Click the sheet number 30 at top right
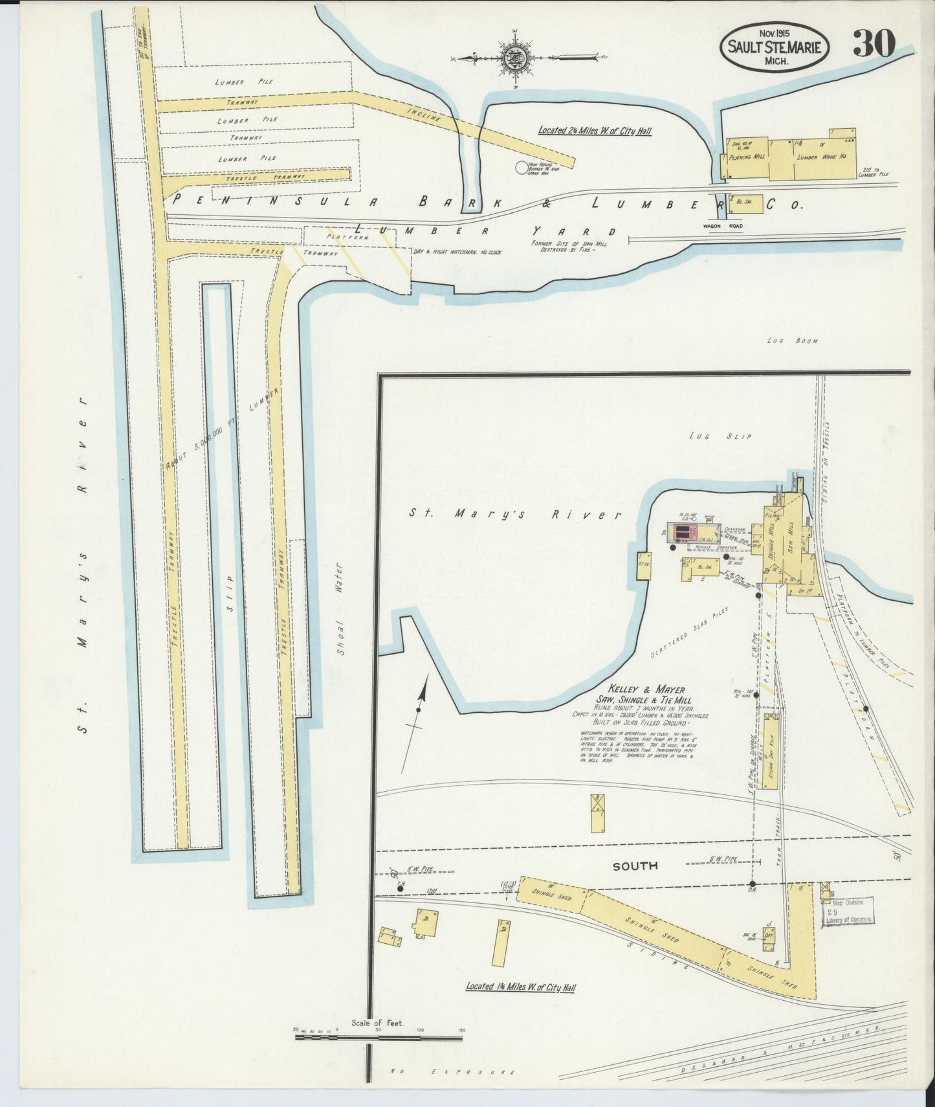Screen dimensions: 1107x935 point(874,44)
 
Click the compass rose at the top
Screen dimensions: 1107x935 point(516,59)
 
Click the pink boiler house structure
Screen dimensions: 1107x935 point(682,532)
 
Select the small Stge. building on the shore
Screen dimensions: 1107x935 point(644,565)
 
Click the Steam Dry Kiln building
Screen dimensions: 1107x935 point(770,751)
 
